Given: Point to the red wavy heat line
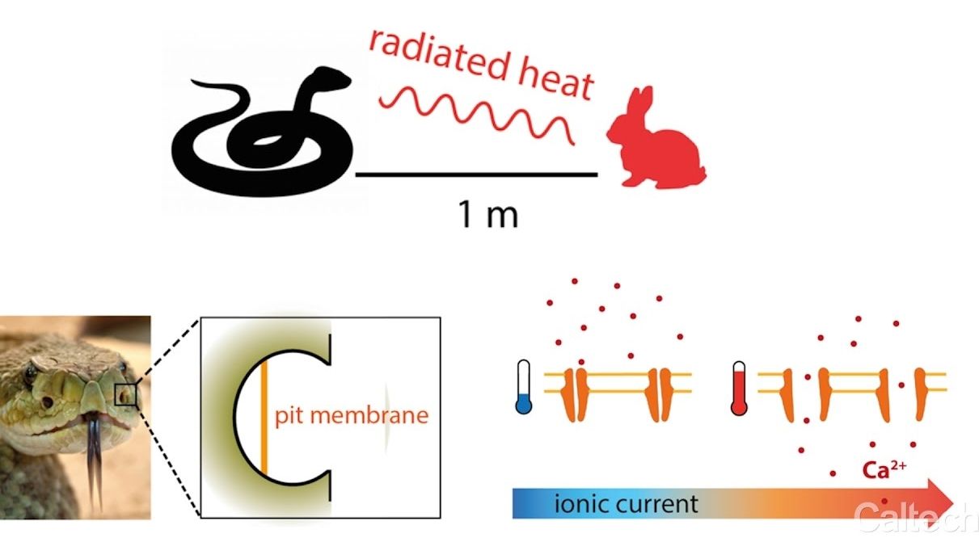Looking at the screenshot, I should click(x=477, y=113).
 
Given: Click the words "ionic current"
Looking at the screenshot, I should click(x=627, y=505).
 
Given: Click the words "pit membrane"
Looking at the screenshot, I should click(x=352, y=418).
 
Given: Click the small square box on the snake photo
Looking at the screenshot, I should click(x=126, y=394).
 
